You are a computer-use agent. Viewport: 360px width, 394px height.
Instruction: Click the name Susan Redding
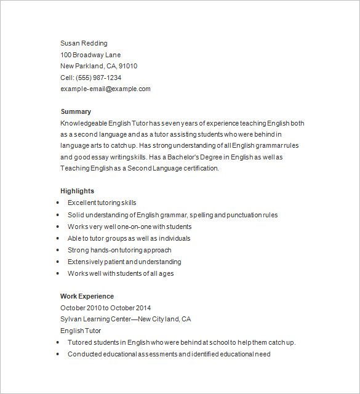[x=84, y=43]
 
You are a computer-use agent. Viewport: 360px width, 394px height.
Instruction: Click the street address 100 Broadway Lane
[x=90, y=55]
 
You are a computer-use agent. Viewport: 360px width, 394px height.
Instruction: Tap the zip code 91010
[x=128, y=66]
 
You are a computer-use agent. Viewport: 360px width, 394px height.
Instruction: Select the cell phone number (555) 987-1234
[x=98, y=78]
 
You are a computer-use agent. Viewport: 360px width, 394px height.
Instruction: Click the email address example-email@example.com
[x=105, y=89]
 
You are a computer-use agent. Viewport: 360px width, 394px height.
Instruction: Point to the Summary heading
[x=76, y=111]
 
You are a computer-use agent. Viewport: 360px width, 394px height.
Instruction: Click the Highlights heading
[x=77, y=191]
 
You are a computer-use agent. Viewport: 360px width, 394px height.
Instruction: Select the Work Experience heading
[x=87, y=296]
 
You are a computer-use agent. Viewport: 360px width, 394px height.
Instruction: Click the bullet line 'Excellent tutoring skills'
[x=102, y=203]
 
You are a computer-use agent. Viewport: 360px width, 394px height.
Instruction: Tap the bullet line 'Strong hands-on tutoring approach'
[x=119, y=250]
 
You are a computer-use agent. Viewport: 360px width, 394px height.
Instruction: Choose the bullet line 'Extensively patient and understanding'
[x=124, y=262]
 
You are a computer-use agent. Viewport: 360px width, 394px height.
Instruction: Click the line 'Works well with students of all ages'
[x=121, y=273]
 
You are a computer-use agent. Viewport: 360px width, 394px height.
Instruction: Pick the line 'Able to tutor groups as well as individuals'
[x=129, y=238]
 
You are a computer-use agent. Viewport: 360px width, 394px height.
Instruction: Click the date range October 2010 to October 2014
[x=105, y=308]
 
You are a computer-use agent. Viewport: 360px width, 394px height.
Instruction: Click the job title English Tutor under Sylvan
[x=81, y=331]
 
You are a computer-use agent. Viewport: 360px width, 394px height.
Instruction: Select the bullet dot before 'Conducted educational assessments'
[x=58, y=354]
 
